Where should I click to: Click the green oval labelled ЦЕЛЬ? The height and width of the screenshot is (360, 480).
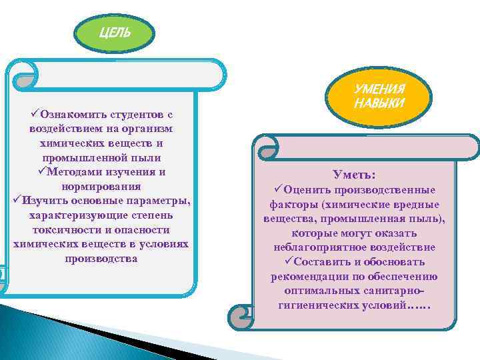pos(115,33)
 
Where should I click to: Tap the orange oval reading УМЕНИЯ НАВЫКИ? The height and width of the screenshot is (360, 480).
pos(379,97)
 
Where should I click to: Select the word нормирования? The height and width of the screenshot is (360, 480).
pos(101,186)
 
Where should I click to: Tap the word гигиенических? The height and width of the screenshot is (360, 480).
pos(317,305)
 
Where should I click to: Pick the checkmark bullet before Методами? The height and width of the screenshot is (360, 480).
pos(43,172)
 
